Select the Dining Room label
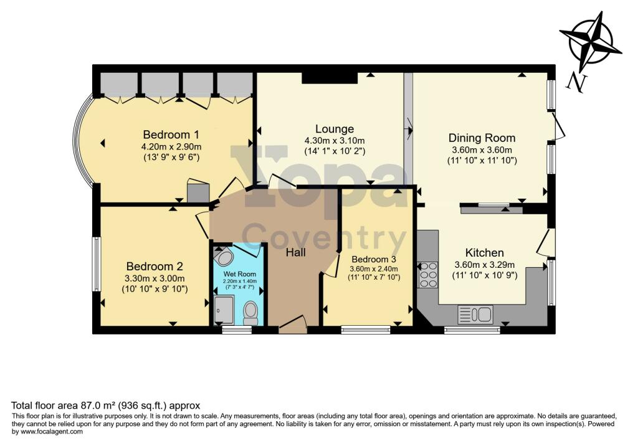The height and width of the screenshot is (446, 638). click(x=482, y=138)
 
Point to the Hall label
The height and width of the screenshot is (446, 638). click(x=295, y=252)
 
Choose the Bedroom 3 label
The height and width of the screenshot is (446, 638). click(x=374, y=259)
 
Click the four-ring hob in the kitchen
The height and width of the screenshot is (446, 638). click(x=429, y=274)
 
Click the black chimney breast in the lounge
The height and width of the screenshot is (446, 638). click(x=330, y=77)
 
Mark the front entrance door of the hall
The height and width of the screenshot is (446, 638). click(x=293, y=323)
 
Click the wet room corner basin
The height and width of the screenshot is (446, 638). click(x=223, y=257)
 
